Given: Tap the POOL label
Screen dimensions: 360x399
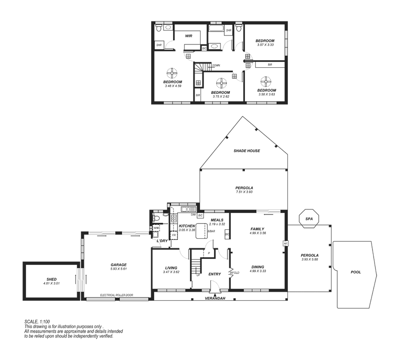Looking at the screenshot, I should point(356,272).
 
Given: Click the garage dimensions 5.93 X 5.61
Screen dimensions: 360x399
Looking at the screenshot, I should point(119,269).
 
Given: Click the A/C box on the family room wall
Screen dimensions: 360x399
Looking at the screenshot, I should point(286,243).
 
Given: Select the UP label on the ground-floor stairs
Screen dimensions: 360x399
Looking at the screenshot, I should point(198,275).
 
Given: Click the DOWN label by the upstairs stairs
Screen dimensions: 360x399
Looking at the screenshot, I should point(216,65).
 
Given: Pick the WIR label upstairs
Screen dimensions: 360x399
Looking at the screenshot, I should point(189,36).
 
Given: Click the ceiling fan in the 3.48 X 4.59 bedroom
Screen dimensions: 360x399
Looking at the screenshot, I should point(173,73).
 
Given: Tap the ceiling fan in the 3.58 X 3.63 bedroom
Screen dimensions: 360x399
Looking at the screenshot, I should point(265,81).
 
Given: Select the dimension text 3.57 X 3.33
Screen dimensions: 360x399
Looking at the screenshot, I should point(265,45).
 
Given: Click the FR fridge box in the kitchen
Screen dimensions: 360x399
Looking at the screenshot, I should point(174,234).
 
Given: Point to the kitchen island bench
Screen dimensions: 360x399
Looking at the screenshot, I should point(202,231).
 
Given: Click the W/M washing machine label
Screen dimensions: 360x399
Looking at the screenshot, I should point(156,228).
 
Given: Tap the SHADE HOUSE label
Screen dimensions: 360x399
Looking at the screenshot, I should point(247,151).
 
